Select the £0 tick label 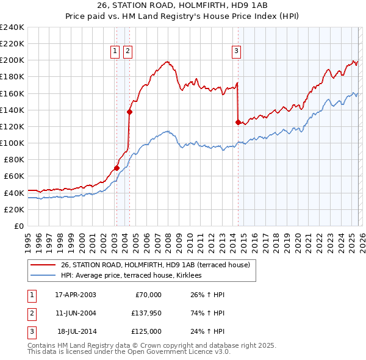(18, 226)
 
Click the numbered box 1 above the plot (116, 52)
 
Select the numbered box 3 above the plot (235, 52)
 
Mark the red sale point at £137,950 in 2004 (129, 111)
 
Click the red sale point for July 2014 (237, 122)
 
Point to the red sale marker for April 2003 (117, 168)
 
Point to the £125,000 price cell (146, 331)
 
